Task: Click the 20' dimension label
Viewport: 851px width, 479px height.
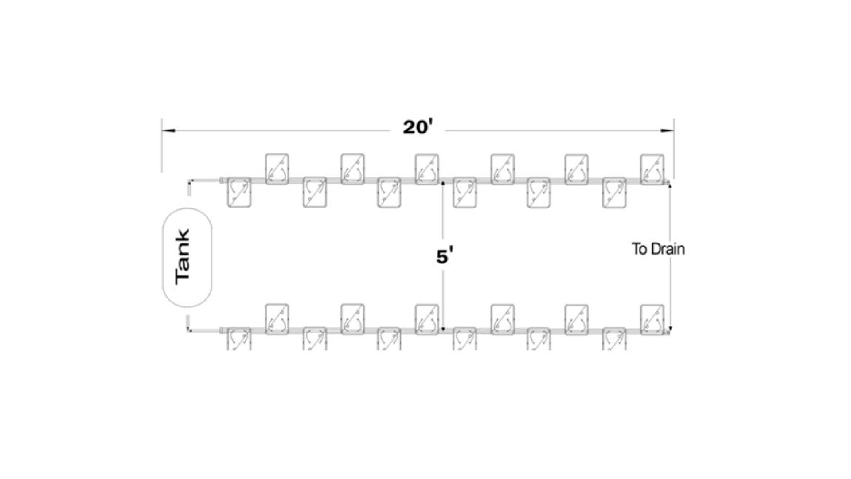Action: (x=417, y=128)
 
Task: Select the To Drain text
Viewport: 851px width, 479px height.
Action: (x=658, y=249)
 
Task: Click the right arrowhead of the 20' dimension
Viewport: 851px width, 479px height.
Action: (x=667, y=131)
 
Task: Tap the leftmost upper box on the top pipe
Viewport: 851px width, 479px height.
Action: (x=277, y=169)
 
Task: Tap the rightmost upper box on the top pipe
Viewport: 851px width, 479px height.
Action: (x=652, y=169)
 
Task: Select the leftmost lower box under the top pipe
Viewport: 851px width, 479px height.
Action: (x=239, y=192)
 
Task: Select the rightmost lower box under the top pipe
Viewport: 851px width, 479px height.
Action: (x=614, y=192)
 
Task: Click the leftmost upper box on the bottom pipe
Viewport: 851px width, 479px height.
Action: (x=277, y=319)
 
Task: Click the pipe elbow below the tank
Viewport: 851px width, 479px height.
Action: (x=189, y=330)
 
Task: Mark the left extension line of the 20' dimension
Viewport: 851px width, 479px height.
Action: (x=162, y=146)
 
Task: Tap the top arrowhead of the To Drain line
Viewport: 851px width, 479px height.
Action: (x=670, y=185)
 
